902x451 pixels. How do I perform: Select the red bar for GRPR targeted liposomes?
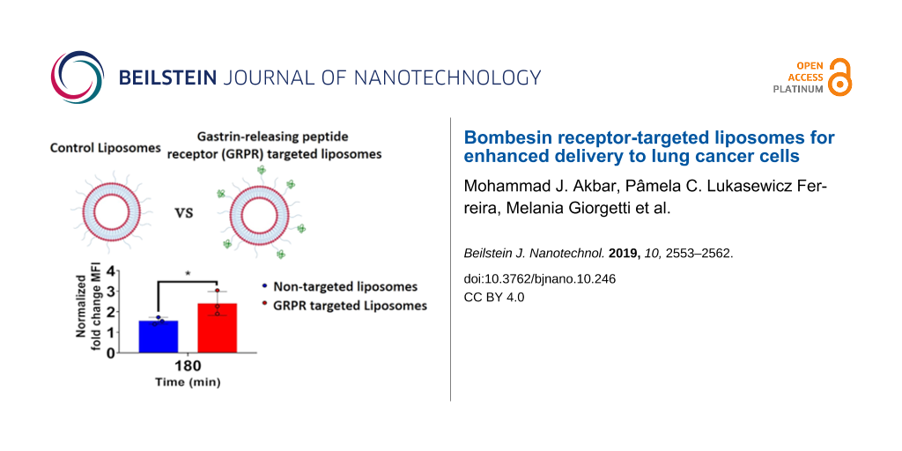click(217, 328)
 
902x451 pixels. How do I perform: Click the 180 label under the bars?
click(187, 366)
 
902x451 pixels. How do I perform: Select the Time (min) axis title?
click(187, 382)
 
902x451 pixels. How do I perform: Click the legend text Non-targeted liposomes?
click(345, 286)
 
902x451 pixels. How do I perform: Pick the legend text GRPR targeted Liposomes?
click(351, 306)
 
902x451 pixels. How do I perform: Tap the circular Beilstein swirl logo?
click(78, 78)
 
